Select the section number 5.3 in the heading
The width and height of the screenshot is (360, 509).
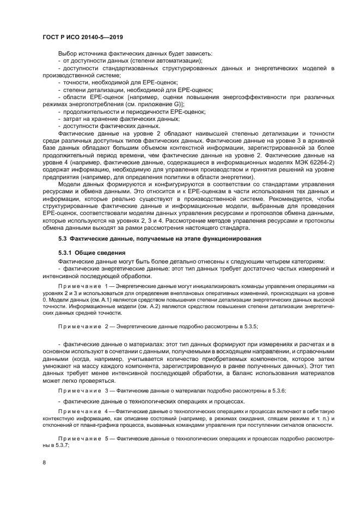tap(63, 240)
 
